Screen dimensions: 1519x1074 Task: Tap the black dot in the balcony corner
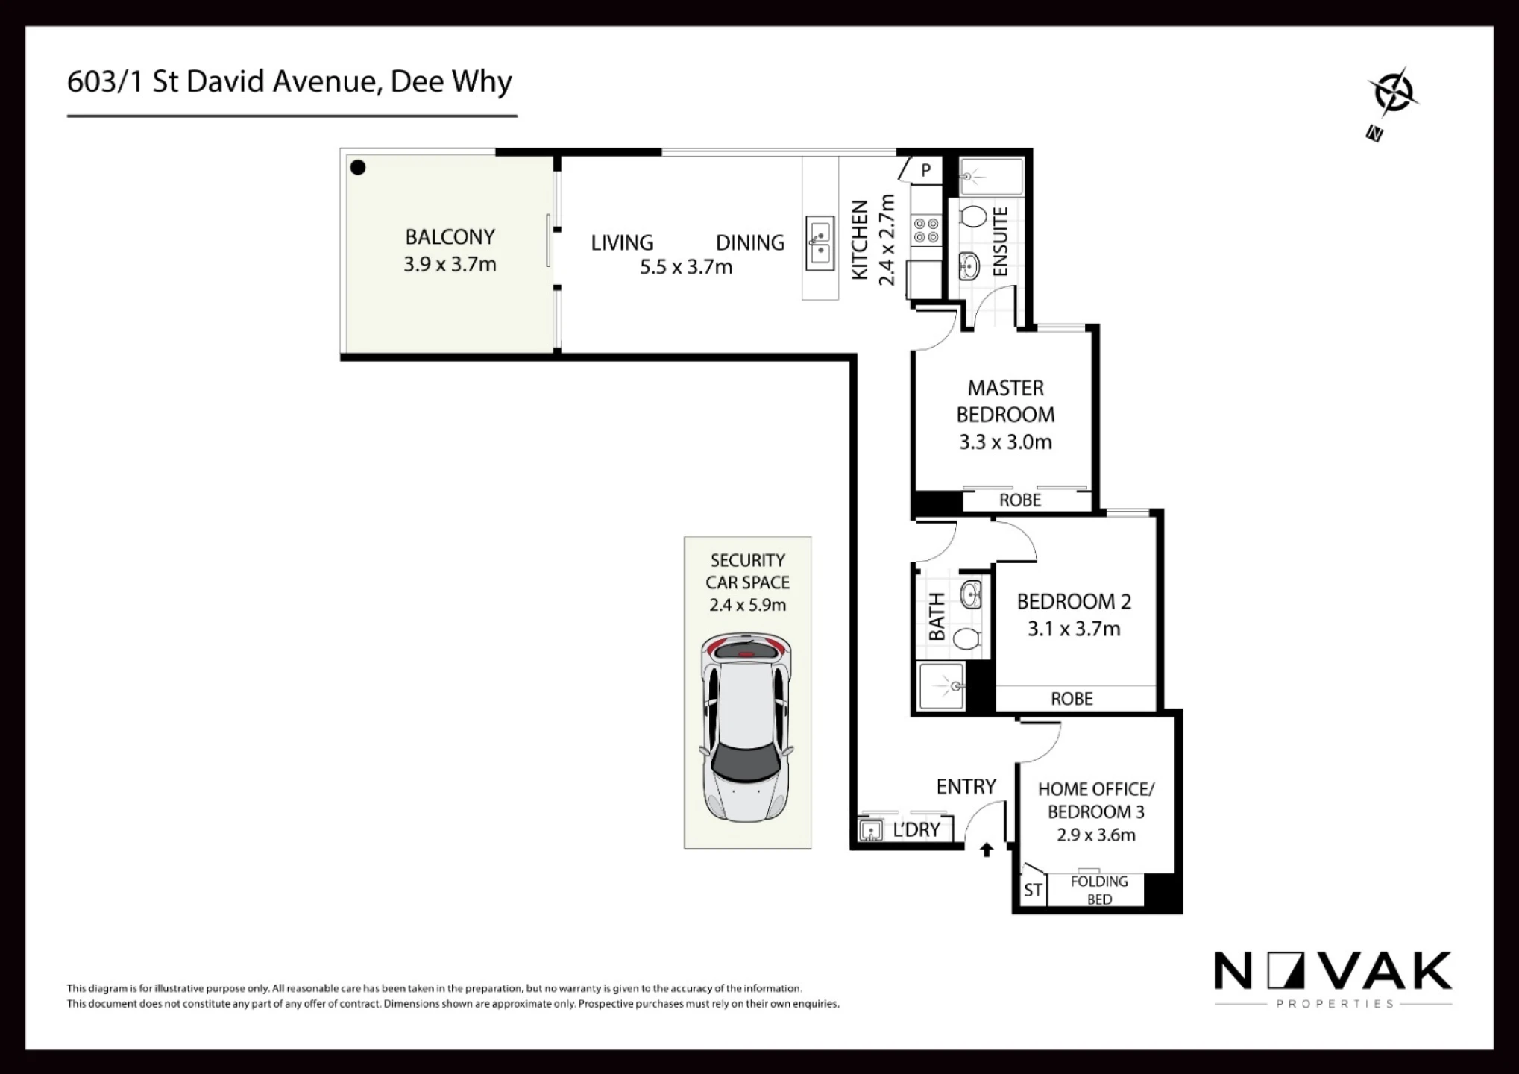(x=358, y=168)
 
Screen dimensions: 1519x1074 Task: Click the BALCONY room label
(x=450, y=237)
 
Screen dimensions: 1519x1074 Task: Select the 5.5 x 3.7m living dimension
(x=686, y=267)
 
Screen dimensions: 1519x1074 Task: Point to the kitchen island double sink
(x=820, y=244)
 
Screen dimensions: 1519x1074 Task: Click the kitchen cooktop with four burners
(x=926, y=230)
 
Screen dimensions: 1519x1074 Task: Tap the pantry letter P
(x=925, y=171)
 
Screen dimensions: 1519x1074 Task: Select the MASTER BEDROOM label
(x=1005, y=401)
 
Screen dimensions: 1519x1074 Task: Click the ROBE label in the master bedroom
(x=1020, y=500)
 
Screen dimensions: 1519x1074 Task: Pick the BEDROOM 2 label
(x=1074, y=601)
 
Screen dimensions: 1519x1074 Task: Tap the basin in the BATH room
(x=971, y=595)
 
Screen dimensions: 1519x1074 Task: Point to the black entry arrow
(x=987, y=850)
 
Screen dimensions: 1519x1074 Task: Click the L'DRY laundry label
(x=916, y=829)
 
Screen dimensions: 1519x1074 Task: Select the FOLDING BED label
(x=1099, y=891)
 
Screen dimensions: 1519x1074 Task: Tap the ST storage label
(x=1033, y=891)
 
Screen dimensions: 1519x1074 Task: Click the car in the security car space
(x=746, y=728)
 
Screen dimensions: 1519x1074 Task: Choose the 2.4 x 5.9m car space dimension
(x=748, y=605)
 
